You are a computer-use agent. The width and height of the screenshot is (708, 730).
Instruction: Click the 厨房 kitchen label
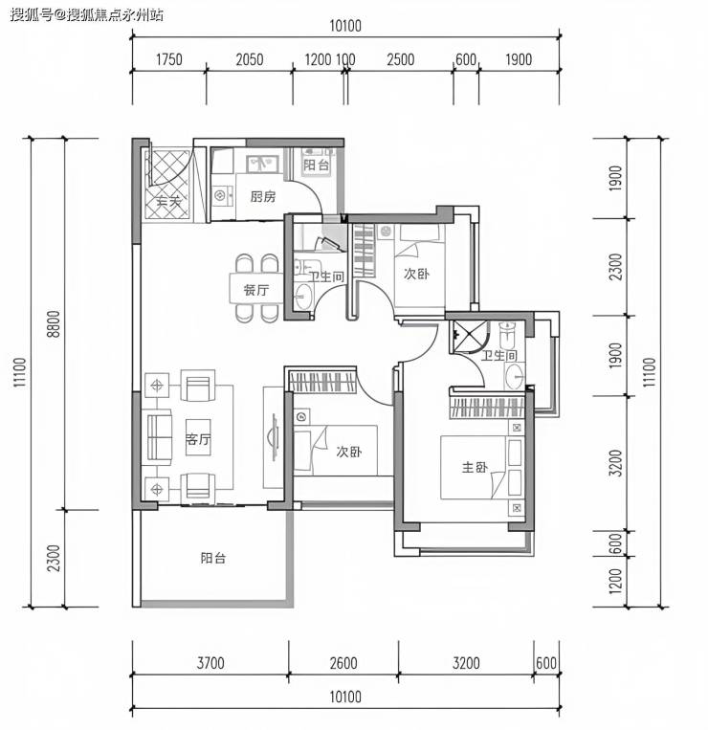pos(263,196)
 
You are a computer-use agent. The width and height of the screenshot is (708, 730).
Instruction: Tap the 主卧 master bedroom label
pos(475,467)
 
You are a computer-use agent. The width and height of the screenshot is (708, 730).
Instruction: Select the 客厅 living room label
pos(198,439)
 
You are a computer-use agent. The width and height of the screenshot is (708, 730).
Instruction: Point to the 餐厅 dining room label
pos(256,290)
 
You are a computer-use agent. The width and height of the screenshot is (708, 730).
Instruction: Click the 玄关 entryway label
pos(168,202)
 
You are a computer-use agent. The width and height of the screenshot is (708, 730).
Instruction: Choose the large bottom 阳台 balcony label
pos(213,558)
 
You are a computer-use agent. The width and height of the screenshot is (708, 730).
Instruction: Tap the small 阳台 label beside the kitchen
pos(316,165)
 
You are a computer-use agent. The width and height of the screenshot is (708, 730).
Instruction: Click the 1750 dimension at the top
pos(169,59)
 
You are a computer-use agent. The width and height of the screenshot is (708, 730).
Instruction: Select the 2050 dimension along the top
pos(250,59)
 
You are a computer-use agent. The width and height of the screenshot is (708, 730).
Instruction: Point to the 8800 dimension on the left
pos(54,323)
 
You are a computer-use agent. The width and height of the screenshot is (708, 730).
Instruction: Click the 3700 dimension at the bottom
pos(210,663)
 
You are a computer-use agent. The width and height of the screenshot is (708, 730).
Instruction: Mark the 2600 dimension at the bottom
pos(343,663)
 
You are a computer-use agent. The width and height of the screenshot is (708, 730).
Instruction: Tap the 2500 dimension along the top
pos(400,59)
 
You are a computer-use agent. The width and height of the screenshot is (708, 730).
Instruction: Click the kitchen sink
pos(262,164)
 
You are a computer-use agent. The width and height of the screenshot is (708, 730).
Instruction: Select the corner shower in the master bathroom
pos(470,336)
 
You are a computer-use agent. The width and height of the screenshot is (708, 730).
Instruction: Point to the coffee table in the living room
pos(198,437)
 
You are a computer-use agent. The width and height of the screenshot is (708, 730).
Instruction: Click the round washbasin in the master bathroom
pos(515,376)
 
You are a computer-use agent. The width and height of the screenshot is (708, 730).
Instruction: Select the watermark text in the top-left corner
pos(87,15)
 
